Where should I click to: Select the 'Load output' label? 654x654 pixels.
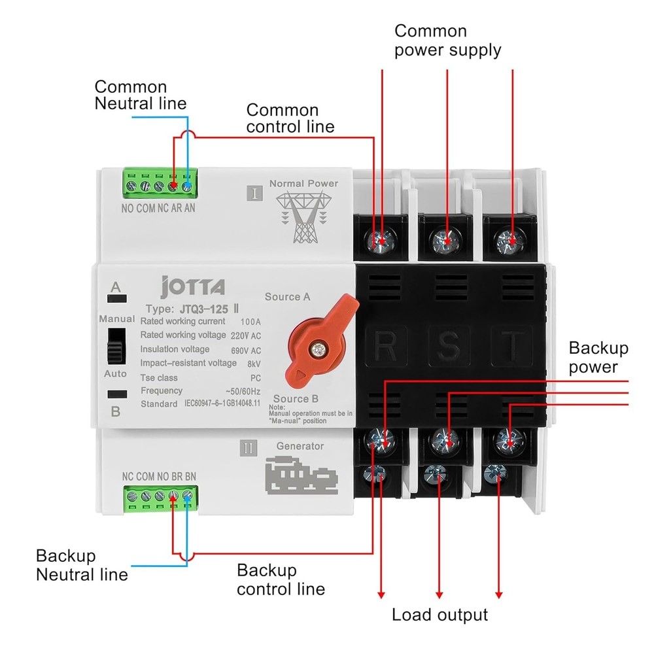pos(439,615)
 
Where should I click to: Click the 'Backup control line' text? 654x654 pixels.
pos(281,579)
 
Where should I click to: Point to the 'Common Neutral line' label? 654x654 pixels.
pos(141,95)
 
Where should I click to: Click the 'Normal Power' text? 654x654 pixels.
pos(303,184)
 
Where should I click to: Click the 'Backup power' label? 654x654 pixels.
pos(598,357)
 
